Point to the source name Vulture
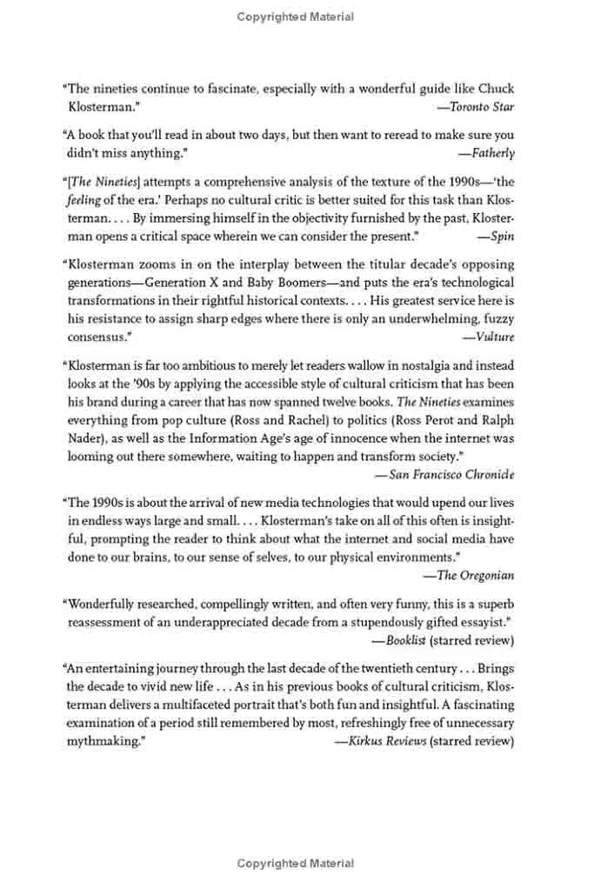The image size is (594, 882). pyautogui.click(x=492, y=336)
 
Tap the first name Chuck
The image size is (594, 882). pyautogui.click(x=494, y=89)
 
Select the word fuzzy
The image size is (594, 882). pyautogui.click(x=496, y=317)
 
